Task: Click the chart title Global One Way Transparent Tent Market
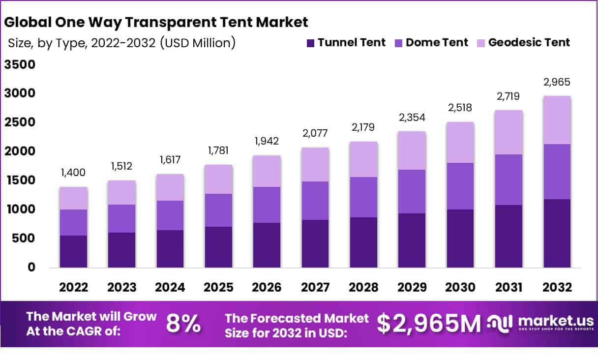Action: click(x=156, y=22)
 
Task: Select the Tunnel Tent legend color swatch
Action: click(x=310, y=43)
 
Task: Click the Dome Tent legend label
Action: click(x=437, y=43)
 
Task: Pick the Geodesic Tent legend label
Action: click(x=529, y=43)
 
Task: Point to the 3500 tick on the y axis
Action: click(x=20, y=65)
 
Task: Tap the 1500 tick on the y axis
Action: click(x=20, y=180)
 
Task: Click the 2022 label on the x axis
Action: click(x=73, y=288)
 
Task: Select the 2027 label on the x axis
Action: click(x=315, y=288)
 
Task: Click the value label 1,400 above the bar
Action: click(x=73, y=173)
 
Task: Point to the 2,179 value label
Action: click(x=363, y=127)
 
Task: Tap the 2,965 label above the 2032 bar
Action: click(x=557, y=82)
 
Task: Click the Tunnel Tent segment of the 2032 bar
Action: click(x=557, y=233)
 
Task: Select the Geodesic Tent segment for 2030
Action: click(x=460, y=142)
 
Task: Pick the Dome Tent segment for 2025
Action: click(x=218, y=210)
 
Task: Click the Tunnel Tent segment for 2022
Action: click(x=73, y=251)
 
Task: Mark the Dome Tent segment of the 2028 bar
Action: click(x=363, y=197)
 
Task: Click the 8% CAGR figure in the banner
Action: click(x=183, y=324)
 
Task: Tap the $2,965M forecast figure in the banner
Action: click(x=429, y=324)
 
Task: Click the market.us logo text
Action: click(x=545, y=321)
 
